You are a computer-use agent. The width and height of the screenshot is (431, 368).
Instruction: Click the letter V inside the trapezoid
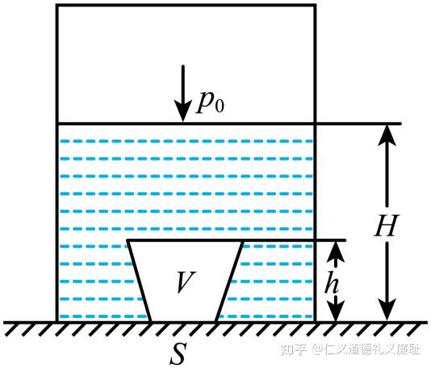click(186, 282)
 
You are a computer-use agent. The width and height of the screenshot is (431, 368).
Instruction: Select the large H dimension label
click(386, 225)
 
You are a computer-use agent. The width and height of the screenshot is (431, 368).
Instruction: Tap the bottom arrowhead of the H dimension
click(387, 310)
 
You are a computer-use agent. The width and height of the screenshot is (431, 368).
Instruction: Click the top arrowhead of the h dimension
click(336, 251)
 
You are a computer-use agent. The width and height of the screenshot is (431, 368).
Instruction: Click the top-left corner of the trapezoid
click(128, 240)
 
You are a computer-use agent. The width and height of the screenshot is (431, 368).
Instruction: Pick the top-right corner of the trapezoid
click(243, 240)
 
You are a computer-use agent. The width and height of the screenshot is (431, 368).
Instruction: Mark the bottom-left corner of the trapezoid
click(150, 320)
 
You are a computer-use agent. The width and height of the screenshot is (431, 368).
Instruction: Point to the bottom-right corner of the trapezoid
click(216, 320)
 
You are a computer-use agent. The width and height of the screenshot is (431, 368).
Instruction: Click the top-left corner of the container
click(56, 5)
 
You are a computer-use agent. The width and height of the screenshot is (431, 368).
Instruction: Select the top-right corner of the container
click(315, 5)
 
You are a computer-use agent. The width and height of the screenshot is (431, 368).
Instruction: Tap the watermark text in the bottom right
click(350, 349)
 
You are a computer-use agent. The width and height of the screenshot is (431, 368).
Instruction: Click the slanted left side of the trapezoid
click(139, 281)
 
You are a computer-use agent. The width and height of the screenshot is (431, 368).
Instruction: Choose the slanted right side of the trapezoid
click(229, 281)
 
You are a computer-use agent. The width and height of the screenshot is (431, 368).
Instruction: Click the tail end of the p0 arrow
click(183, 66)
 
